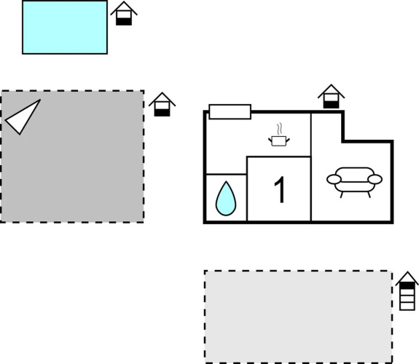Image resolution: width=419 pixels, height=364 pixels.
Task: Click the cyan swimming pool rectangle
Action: click(65, 27)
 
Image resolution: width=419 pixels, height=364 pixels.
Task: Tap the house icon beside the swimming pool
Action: click(124, 13)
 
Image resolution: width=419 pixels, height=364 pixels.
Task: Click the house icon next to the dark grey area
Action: click(162, 104)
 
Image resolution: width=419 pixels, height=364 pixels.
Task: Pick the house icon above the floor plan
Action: click(331, 96)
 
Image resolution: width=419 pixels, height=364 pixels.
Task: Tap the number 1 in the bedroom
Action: click(281, 189)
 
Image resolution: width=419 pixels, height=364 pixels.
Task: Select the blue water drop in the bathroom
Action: click(226, 199)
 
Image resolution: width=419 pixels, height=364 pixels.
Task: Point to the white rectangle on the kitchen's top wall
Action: click(230, 111)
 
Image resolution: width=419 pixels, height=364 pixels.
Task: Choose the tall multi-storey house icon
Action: click(407, 290)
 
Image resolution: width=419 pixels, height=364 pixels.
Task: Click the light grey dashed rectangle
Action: click(299, 317)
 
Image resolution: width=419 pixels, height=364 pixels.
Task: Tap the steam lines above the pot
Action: click(280, 129)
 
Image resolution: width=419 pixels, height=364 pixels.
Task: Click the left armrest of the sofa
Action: click(334, 179)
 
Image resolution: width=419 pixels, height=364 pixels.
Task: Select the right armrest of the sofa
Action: click(375, 179)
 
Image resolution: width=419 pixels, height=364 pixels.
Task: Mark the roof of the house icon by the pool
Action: click(124, 7)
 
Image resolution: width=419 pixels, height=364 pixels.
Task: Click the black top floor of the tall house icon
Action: click(407, 285)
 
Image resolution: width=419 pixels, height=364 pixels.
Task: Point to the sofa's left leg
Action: click(341, 194)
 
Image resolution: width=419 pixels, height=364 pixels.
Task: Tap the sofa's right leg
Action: click(369, 194)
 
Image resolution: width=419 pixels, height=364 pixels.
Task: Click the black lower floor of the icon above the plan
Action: click(331, 105)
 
